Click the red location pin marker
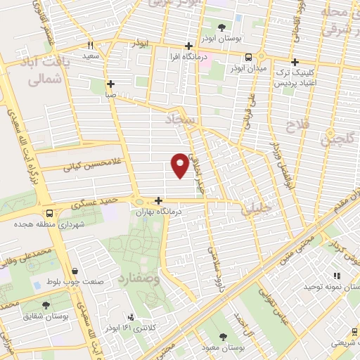[x=180, y=164]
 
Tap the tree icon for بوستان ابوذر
[x=222, y=27]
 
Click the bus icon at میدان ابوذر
[x=248, y=58]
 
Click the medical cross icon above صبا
[x=110, y=83]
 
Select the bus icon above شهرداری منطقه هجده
[x=49, y=213]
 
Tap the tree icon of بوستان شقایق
[x=46, y=305]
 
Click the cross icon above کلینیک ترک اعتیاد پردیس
[x=295, y=61]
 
